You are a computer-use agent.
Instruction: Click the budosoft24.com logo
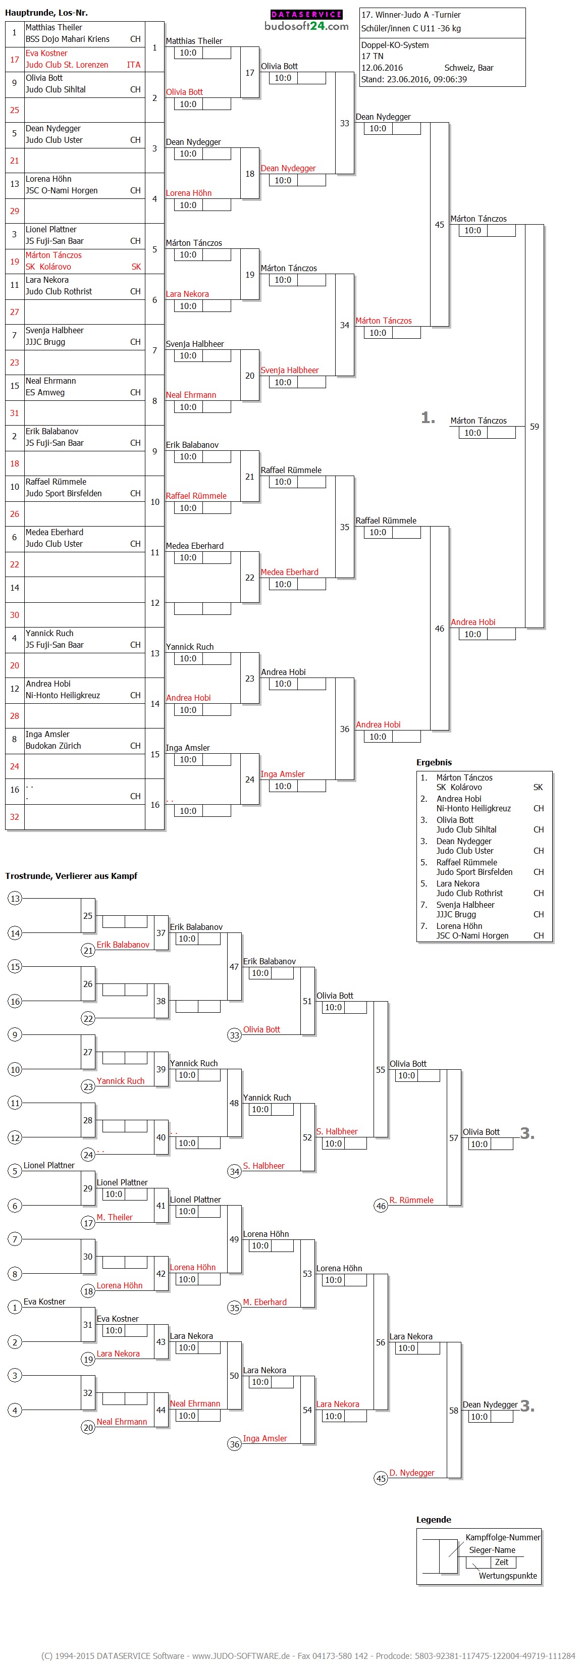pyautogui.click(x=306, y=21)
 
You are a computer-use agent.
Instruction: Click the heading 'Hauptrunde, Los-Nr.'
pyautogui.click(x=46, y=12)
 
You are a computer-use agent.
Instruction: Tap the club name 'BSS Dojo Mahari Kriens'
pyautogui.click(x=67, y=39)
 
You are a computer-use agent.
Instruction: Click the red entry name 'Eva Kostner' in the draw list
pyautogui.click(x=46, y=53)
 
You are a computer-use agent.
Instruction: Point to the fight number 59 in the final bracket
pyautogui.click(x=534, y=427)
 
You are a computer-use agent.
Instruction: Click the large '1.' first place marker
pyautogui.click(x=428, y=418)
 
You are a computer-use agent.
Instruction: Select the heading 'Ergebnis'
pyautogui.click(x=434, y=762)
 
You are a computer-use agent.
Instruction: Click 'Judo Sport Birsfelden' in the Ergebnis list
pyautogui.click(x=474, y=872)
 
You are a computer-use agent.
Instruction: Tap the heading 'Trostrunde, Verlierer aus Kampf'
pyautogui.click(x=71, y=876)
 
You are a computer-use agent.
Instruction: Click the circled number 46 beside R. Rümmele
pyautogui.click(x=381, y=1206)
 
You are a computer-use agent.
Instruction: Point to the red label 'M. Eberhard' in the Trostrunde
pyautogui.click(x=264, y=1302)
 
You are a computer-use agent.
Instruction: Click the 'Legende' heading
pyautogui.click(x=434, y=1519)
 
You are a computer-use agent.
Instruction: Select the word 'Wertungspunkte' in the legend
pyautogui.click(x=507, y=1576)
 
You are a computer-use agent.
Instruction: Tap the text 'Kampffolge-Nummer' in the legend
pyautogui.click(x=502, y=1537)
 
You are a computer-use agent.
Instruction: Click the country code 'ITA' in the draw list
pyautogui.click(x=133, y=65)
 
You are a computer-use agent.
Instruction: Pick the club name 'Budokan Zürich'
pyautogui.click(x=53, y=746)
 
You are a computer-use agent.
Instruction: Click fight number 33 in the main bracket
pyautogui.click(x=344, y=123)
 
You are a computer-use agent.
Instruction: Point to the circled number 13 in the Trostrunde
pyautogui.click(x=15, y=898)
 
